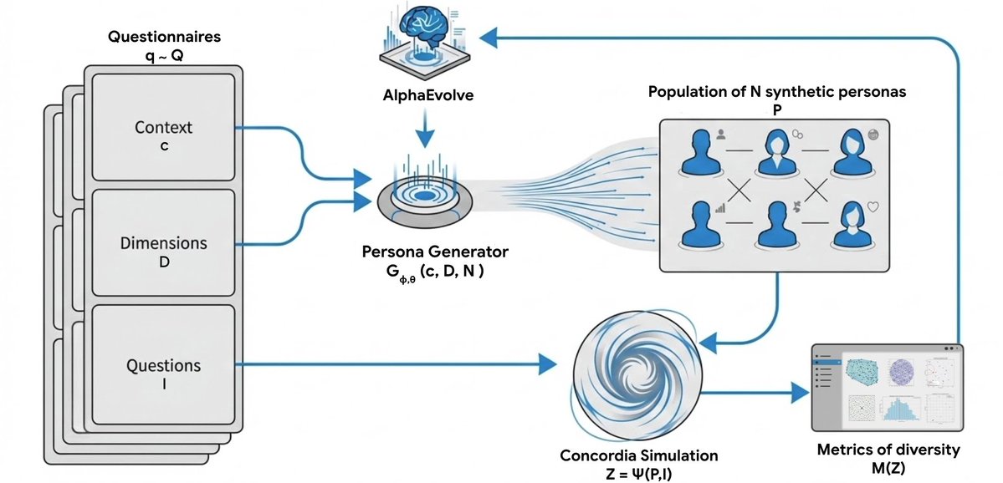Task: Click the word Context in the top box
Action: [163, 127]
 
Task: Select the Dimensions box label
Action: [163, 243]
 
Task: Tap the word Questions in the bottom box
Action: [163, 365]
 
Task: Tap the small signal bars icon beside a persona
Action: [719, 207]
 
